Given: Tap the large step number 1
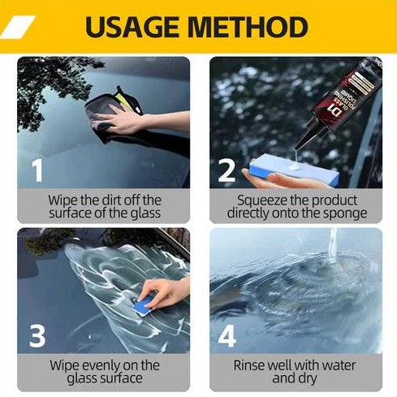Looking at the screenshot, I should [x=36, y=170].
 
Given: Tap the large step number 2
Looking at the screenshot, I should [x=227, y=170].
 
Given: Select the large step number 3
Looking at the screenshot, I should [x=36, y=334].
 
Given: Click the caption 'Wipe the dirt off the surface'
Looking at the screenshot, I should [x=104, y=206].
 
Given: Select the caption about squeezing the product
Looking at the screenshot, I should [x=296, y=206].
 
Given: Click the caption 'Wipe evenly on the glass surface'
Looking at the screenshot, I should [x=104, y=371].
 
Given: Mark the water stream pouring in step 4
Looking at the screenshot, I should [x=333, y=244].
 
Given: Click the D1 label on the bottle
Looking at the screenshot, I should [x=332, y=106].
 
